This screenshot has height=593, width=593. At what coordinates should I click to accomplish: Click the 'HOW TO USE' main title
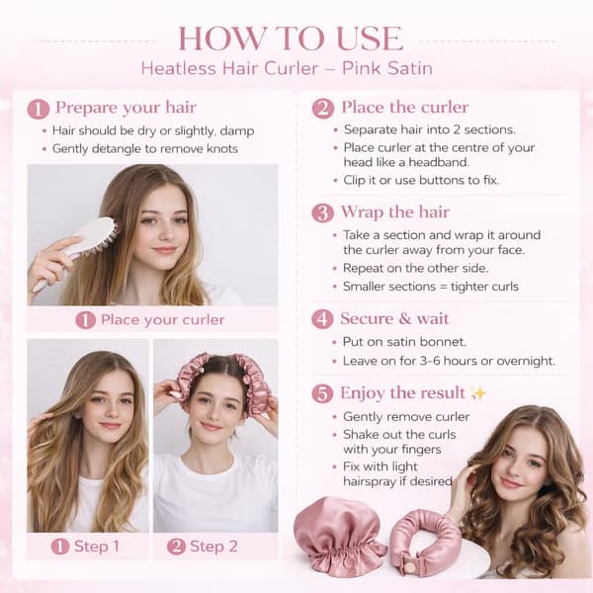coord(291,39)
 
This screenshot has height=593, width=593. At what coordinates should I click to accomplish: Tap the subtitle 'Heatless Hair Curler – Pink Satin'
coord(287,69)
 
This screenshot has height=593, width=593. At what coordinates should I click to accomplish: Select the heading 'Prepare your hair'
coord(126,108)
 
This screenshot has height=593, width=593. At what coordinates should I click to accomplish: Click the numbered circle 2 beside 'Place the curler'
coord(322,108)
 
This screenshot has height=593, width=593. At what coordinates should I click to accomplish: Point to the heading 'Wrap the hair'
coord(395,212)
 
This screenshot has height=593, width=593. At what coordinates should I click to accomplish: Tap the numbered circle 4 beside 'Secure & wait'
coord(322,319)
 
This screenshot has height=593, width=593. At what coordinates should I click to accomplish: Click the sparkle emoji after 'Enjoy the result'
coord(477,393)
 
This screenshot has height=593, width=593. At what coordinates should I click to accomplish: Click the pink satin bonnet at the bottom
coord(338,538)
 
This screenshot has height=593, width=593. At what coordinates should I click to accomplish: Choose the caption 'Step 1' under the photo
coord(97,547)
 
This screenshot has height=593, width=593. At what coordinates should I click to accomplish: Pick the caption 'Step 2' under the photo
coord(213,547)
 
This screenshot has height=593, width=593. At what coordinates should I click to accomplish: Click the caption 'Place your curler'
coord(163,320)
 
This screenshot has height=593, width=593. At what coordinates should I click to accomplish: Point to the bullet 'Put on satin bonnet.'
coord(404,342)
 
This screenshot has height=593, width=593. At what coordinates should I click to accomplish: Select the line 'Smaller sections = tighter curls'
coord(431,287)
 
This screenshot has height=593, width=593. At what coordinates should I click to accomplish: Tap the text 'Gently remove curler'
coord(406,417)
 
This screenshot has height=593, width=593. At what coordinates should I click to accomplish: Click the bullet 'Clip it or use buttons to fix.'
coord(421,181)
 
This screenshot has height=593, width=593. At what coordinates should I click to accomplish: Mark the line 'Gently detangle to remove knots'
coord(145,148)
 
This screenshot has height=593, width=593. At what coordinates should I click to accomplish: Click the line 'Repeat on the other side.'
coord(416,268)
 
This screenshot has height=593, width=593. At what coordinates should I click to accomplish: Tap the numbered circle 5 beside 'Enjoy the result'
coord(322,393)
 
